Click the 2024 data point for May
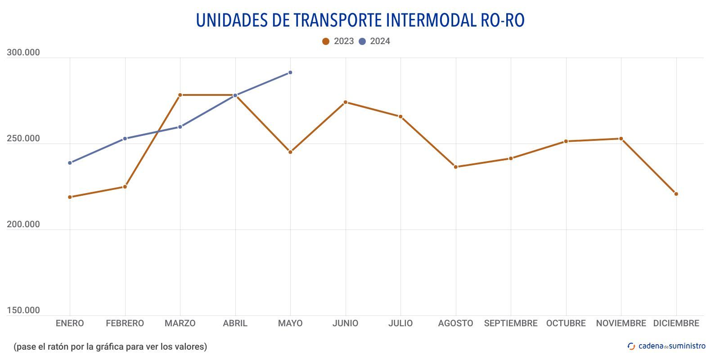290,72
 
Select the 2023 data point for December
676,194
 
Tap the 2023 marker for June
346,102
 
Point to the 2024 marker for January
70,163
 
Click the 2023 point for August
455,167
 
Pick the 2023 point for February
125,187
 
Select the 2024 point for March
180,127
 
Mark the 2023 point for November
621,139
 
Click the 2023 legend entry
338,41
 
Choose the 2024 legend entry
374,41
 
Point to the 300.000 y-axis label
23,53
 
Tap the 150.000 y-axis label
23,310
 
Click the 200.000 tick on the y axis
23,225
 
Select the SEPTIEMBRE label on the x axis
511,324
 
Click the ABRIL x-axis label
235,324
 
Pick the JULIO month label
400,324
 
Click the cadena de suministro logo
666,346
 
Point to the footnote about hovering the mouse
110,346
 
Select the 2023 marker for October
566,141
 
